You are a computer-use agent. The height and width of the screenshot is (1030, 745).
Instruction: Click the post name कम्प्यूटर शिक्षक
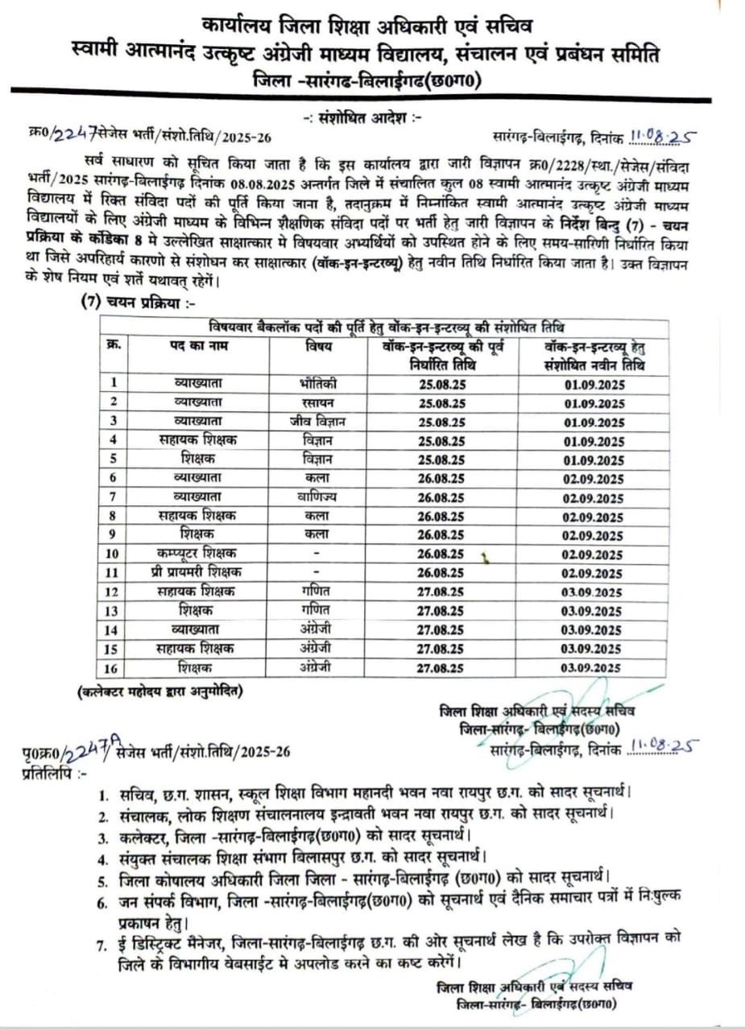[x=197, y=554]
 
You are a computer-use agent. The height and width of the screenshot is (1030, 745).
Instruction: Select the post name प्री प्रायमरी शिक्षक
[x=197, y=572]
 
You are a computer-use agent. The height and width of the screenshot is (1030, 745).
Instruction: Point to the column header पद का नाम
[x=198, y=347]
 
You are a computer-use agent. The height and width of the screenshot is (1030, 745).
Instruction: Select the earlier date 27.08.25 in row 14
[x=441, y=629]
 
